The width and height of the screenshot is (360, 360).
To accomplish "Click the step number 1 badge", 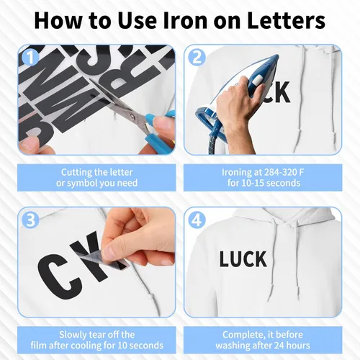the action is [x=30, y=58].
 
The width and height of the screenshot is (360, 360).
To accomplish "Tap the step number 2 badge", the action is [x=197, y=58].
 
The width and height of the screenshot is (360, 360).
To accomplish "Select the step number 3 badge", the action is [x=30, y=220].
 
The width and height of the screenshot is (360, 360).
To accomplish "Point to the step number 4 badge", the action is [x=197, y=220].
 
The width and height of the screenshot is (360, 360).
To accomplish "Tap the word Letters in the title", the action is [x=286, y=21].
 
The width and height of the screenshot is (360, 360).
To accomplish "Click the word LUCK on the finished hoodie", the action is [x=243, y=259].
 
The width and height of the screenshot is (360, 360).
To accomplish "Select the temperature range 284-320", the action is [x=279, y=172].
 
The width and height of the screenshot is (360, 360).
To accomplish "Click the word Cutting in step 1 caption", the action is [x=74, y=172].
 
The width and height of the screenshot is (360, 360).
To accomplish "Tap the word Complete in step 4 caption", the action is [x=243, y=335].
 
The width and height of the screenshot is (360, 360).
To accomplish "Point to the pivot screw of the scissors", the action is [x=132, y=117].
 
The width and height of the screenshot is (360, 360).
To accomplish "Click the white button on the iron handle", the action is [x=256, y=81].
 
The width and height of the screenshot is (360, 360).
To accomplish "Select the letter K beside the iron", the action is [x=282, y=92].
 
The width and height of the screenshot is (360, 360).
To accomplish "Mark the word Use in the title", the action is [x=137, y=21].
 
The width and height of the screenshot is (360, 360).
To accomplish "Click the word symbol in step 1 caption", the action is [x=82, y=184].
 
